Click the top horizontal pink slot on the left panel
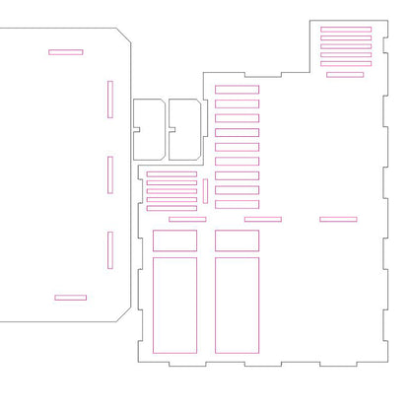(65, 51)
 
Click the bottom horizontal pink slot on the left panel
(70, 297)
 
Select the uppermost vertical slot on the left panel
(110, 99)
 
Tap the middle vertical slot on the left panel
(110, 174)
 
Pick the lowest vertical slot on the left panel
(110, 250)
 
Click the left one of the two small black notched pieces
(149, 128)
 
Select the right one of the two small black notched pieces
(184, 128)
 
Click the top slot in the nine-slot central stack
(237, 90)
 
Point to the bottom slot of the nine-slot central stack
(237, 205)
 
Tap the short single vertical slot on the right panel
(205, 189)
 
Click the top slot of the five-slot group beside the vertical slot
(171, 173)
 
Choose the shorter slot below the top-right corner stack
(344, 74)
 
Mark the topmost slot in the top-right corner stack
(346, 30)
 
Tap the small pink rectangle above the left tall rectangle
(174, 240)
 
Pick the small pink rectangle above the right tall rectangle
(237, 240)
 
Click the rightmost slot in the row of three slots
(338, 219)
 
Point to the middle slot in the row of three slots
(262, 219)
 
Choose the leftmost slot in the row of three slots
(187, 219)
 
